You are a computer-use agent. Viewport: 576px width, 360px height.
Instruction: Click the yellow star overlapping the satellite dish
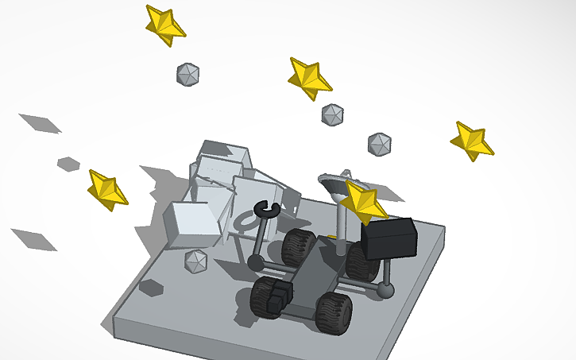(362, 202)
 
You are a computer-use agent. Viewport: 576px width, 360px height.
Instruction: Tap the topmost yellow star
(164, 25)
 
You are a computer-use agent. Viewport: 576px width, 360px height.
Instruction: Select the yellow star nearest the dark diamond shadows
(106, 189)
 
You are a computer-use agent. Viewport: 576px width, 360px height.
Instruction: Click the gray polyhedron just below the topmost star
(187, 75)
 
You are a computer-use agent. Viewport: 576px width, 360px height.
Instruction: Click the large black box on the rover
(389, 238)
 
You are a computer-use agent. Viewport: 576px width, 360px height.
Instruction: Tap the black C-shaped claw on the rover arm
(264, 209)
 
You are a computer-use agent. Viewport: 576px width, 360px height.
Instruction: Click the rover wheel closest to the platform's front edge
(334, 312)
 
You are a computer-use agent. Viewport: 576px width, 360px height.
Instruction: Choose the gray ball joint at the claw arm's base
(255, 261)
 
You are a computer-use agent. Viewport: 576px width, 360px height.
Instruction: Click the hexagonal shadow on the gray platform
(151, 287)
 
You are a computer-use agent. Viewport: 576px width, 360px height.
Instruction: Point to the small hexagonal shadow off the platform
(68, 164)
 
